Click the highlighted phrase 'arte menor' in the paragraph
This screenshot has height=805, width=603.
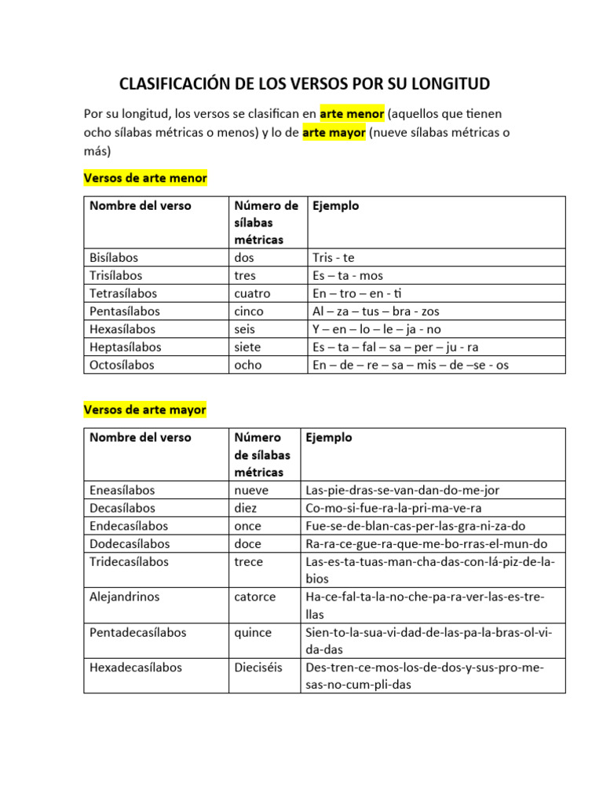coord(352,114)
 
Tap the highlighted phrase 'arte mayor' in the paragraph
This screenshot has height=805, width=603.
coord(334,133)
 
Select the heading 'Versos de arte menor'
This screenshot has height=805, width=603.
coord(145,178)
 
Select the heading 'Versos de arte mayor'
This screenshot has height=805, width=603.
coord(145,410)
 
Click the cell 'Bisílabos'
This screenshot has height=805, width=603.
coord(114,257)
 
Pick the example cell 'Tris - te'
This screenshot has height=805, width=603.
coord(334,257)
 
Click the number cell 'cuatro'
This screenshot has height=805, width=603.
coord(252,293)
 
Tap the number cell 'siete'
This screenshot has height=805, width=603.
coord(247,347)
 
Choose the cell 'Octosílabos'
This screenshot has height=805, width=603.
coord(122,365)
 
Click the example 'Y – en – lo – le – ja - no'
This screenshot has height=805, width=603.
coord(376,329)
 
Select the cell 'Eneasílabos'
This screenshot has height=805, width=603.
coord(122,490)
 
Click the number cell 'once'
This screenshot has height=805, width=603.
coord(248,526)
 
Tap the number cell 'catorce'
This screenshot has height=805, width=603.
coord(254,597)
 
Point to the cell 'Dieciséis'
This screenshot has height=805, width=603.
coord(258,667)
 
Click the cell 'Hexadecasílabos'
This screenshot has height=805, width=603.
coord(136,667)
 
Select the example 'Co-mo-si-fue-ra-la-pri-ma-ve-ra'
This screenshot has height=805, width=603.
coord(393,508)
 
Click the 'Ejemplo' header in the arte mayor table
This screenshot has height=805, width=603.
coord(329,438)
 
